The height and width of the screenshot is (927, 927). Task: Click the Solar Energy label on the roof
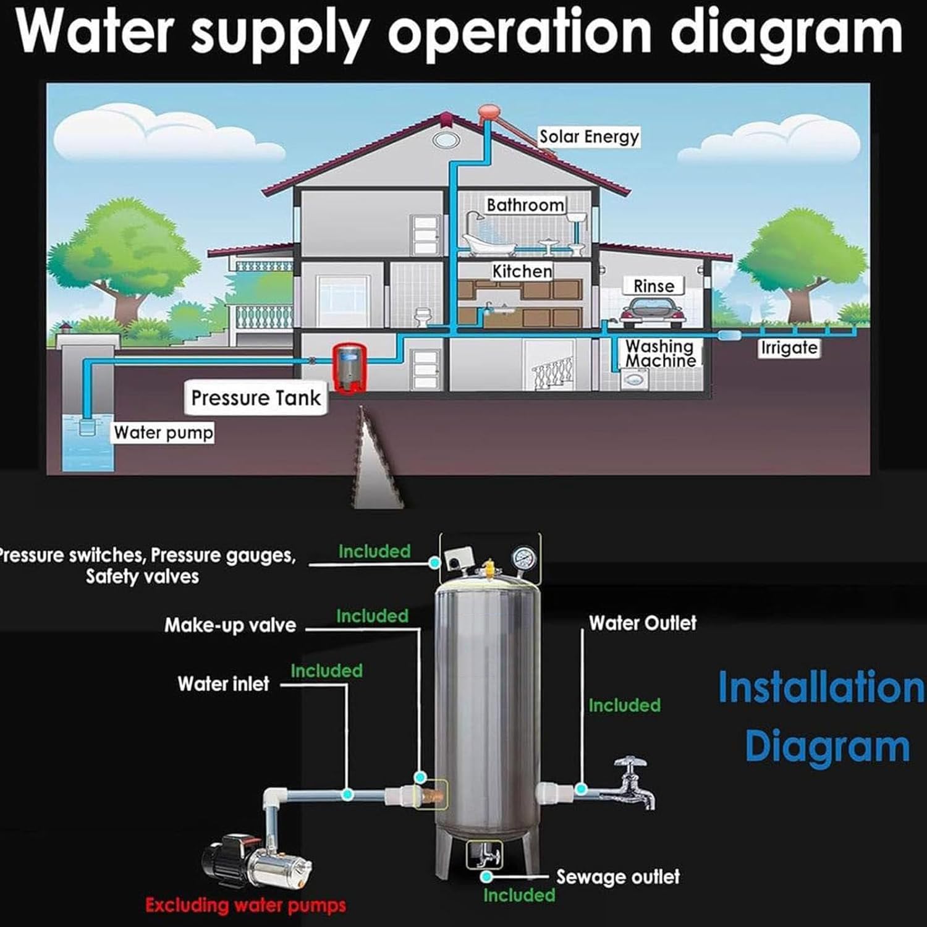[589, 137]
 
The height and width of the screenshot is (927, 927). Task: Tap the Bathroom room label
[525, 205]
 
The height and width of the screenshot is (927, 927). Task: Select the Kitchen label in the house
[522, 271]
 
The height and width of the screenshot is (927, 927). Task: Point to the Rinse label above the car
[654, 286]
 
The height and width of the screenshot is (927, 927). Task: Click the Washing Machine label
[661, 353]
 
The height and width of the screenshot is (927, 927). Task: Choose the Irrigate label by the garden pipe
[789, 348]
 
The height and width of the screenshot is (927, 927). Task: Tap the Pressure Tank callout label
[256, 398]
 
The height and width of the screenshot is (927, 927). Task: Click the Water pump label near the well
[164, 433]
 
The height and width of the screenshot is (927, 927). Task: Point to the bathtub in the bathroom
[488, 245]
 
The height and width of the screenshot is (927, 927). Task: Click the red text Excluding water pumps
[246, 906]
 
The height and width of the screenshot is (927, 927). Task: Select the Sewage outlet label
[618, 877]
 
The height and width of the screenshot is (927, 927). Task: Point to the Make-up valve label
[230, 625]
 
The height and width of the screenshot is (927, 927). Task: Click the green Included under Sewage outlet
[519, 895]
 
